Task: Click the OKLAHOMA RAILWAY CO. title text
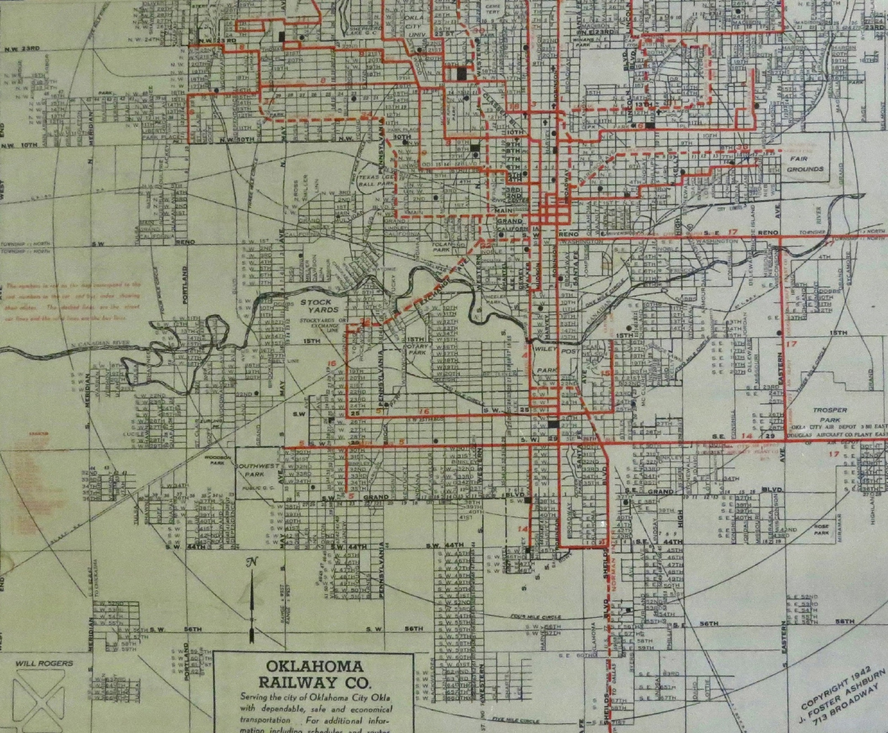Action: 315,674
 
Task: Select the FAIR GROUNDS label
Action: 804,165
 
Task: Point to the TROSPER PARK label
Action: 829,415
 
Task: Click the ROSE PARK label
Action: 820,529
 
